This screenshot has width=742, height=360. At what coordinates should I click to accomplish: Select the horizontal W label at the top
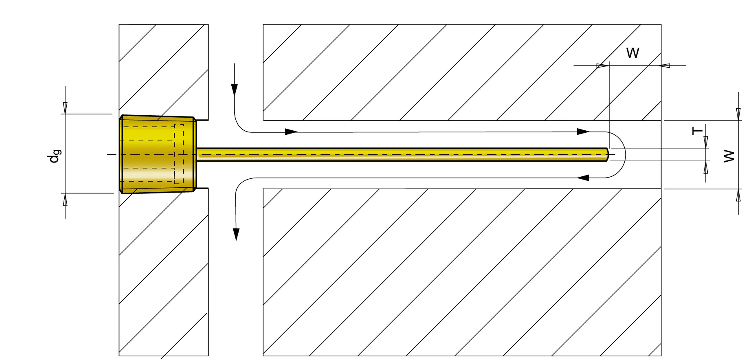pos(632,53)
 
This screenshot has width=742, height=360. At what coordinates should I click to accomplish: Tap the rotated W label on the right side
pos(729,156)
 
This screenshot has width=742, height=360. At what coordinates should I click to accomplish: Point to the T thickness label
pos(697,131)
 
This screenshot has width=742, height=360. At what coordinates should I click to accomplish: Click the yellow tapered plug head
pos(158,154)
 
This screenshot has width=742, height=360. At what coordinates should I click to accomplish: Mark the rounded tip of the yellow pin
pos(607,154)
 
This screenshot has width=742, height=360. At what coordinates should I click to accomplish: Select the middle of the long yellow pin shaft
pos(402,154)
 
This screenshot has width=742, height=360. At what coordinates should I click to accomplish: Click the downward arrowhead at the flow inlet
pos(234,90)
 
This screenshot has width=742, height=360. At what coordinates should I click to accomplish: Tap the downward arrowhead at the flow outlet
pos(236,234)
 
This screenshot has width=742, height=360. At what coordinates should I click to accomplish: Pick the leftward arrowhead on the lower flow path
pos(583,178)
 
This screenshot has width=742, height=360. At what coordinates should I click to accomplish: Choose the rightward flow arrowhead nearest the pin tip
pos(583,132)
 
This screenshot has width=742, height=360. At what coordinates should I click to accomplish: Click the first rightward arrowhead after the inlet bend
pos(291,132)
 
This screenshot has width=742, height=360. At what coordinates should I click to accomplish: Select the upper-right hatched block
pos(462,72)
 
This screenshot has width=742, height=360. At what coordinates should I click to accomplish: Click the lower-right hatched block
pos(462,272)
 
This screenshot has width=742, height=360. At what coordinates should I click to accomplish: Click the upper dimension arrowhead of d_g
pos(65,108)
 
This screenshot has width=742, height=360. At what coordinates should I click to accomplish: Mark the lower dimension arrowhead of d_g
pos(65,200)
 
